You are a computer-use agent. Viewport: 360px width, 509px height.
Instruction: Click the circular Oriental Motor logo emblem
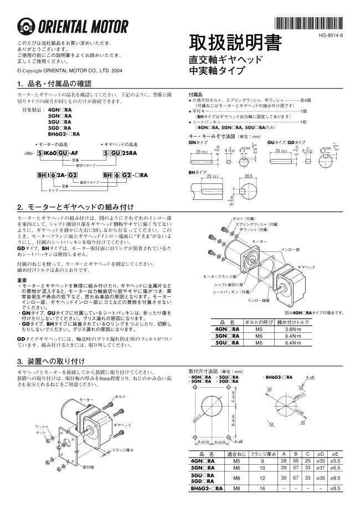(26, 27)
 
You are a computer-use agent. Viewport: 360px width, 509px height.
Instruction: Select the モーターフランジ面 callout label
(220, 276)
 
